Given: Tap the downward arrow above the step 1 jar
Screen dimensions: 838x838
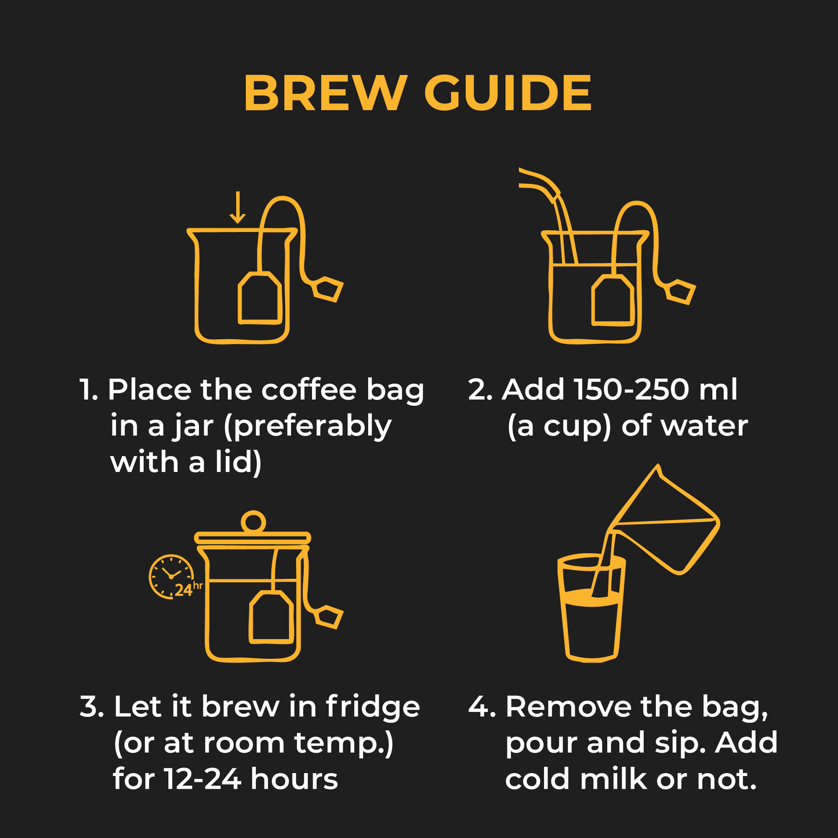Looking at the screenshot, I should pyautogui.click(x=237, y=208).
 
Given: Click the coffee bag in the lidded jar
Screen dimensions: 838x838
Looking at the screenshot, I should pyautogui.click(x=271, y=617).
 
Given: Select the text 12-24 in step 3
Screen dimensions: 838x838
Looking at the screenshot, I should pyautogui.click(x=202, y=779).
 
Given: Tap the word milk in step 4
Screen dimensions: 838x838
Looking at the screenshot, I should pyautogui.click(x=613, y=779).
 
